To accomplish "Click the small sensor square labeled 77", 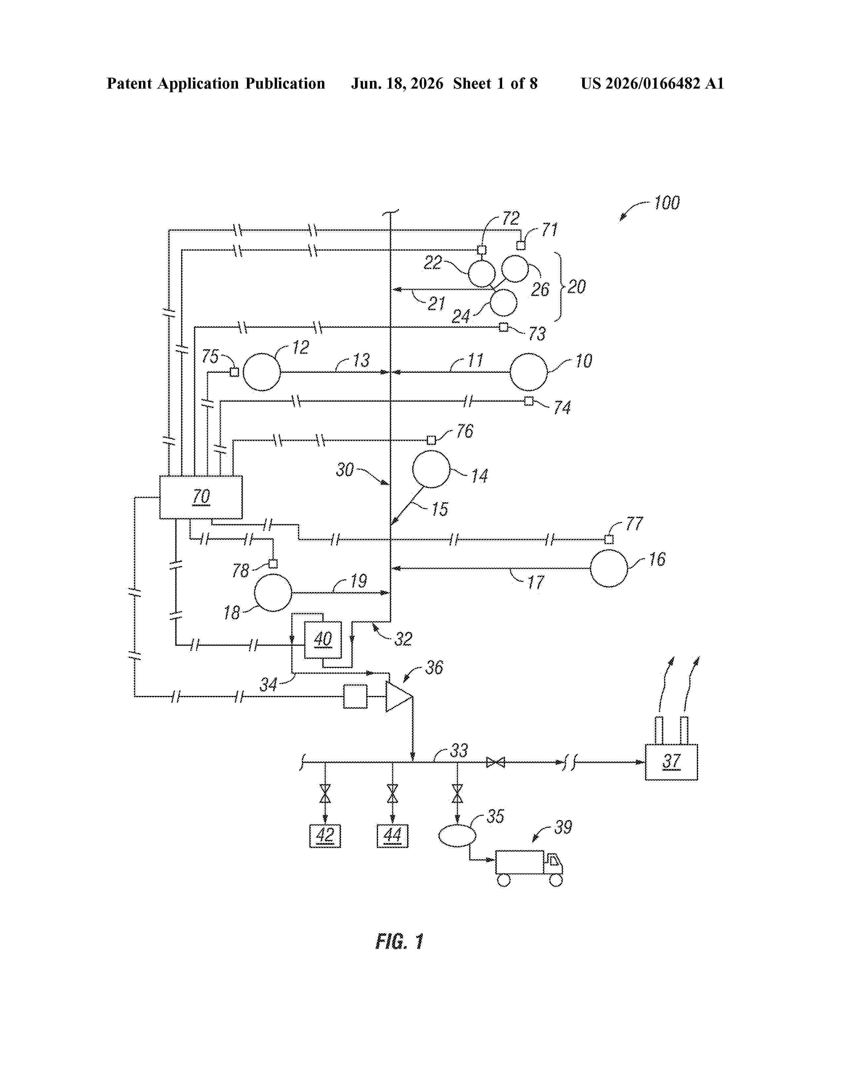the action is click(609, 540).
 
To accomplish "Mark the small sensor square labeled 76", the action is click(431, 440).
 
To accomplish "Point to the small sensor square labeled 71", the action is click(521, 245).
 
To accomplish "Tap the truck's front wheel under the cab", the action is click(556, 880).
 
